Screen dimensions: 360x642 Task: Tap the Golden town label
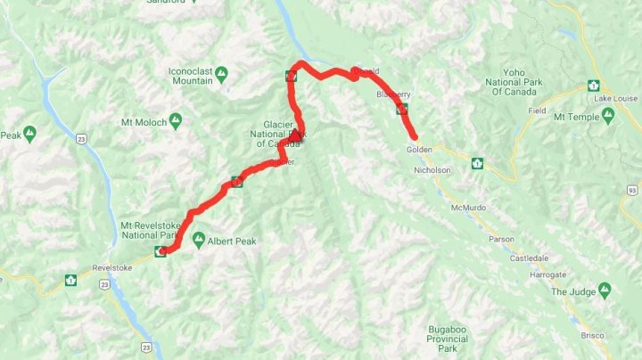(x=419, y=149)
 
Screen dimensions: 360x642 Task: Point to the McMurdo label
(x=470, y=207)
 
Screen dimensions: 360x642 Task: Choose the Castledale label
(x=530, y=258)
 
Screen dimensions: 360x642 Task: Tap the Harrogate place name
(x=548, y=275)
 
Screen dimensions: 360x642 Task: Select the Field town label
(x=537, y=110)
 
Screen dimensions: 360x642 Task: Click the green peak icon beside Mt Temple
(x=607, y=116)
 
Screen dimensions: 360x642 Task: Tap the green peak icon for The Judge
(x=605, y=290)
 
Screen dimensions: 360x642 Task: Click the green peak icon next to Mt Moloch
(x=176, y=120)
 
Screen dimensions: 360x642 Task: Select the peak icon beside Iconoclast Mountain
(x=221, y=71)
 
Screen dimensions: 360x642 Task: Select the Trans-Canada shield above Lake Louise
(x=591, y=86)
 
